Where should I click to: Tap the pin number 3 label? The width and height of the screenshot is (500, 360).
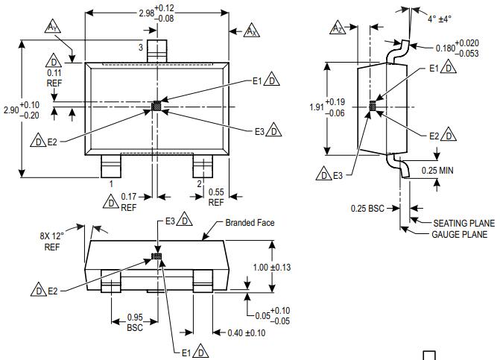click(139, 48)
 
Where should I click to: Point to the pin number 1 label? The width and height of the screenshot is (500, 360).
click(111, 183)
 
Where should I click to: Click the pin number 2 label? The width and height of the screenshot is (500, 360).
click(198, 183)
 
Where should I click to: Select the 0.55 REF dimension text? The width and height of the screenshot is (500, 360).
click(215, 197)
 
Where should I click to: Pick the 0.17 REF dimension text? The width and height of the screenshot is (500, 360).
click(129, 201)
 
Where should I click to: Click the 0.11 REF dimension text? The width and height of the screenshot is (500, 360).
click(54, 78)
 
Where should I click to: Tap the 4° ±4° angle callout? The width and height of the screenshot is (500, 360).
click(440, 19)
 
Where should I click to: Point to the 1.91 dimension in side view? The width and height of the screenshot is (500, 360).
click(317, 107)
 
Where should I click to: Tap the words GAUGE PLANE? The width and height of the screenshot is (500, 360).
click(460, 234)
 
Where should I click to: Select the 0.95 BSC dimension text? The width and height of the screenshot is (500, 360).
click(135, 321)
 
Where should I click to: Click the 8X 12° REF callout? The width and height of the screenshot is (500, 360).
click(51, 241)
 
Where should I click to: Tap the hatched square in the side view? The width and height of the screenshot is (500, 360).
click(373, 107)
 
